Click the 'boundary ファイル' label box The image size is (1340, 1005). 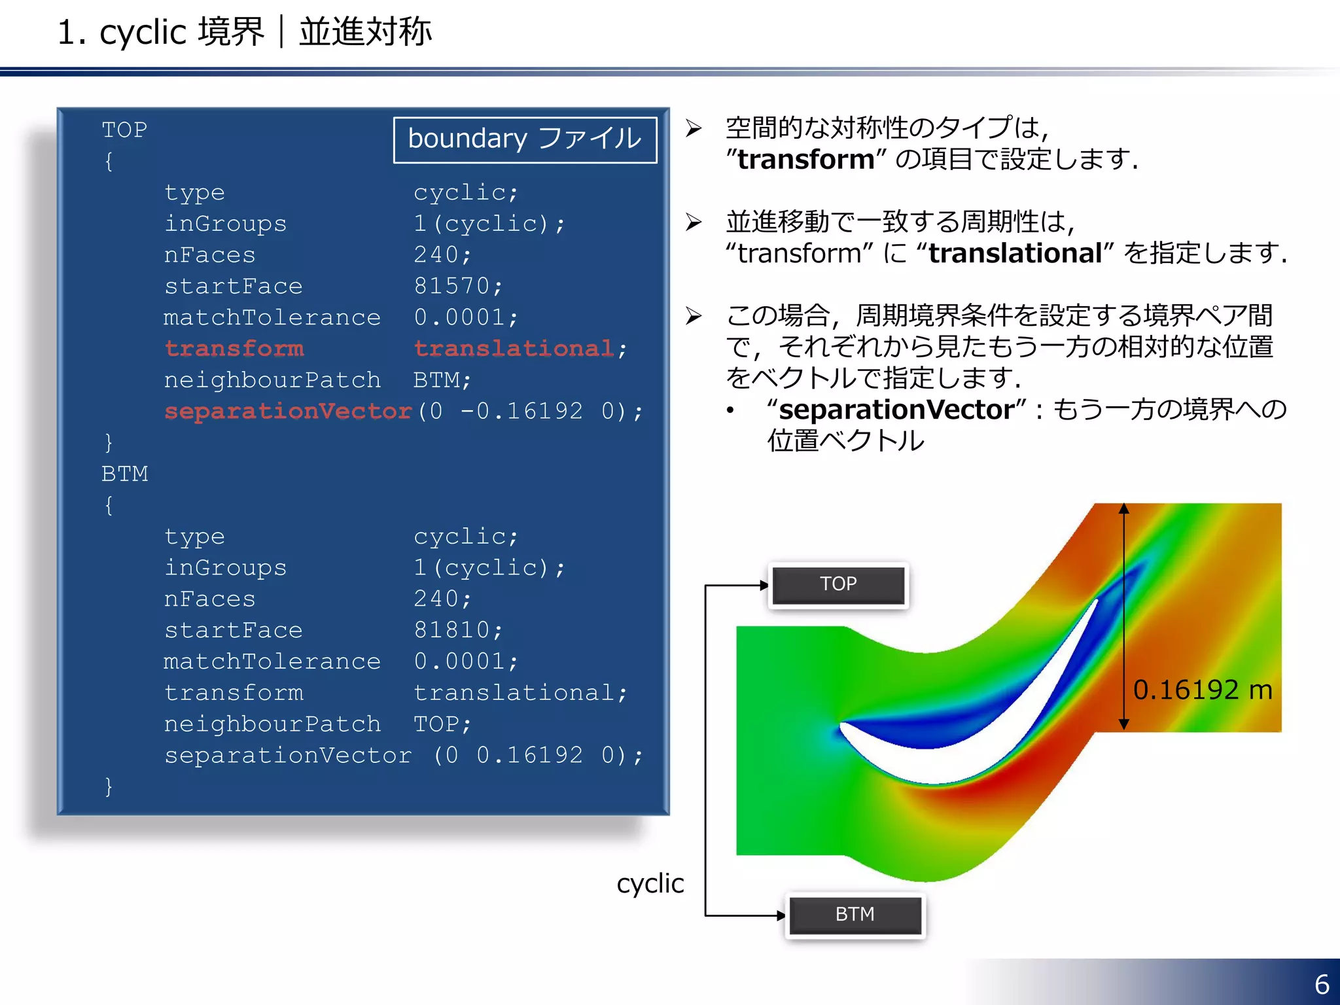point(525,139)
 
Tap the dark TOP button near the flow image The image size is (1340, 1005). point(838,584)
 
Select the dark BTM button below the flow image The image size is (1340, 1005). point(855,915)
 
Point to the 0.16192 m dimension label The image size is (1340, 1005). point(1202,690)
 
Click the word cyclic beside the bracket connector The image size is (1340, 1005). point(650,883)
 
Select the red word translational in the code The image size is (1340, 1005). point(514,349)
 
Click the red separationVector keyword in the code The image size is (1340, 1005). point(288,411)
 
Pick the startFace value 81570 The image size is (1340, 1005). point(451,286)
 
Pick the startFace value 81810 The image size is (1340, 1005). point(451,630)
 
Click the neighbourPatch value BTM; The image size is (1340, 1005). point(442,380)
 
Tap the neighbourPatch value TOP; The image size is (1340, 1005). point(442,724)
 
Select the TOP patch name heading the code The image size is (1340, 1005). point(124,130)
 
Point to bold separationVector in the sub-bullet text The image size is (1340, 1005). point(896,410)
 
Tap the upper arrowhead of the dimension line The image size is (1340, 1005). point(1123,508)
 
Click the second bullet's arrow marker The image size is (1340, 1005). point(694,222)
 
